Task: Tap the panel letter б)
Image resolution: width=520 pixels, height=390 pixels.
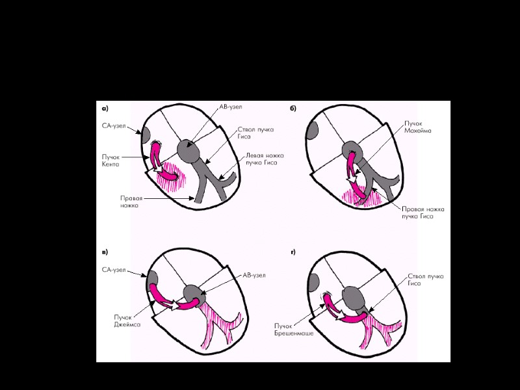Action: (x=293, y=108)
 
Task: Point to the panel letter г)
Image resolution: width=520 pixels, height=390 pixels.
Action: (x=293, y=252)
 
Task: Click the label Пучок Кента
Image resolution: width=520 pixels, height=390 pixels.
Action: (x=110, y=161)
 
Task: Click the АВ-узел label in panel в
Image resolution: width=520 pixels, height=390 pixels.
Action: (x=253, y=276)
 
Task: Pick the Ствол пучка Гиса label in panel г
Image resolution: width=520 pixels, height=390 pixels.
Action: (x=426, y=280)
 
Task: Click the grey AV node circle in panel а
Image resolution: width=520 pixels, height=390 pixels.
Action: (x=190, y=150)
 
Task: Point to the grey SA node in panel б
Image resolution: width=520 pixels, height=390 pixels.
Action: (x=313, y=131)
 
